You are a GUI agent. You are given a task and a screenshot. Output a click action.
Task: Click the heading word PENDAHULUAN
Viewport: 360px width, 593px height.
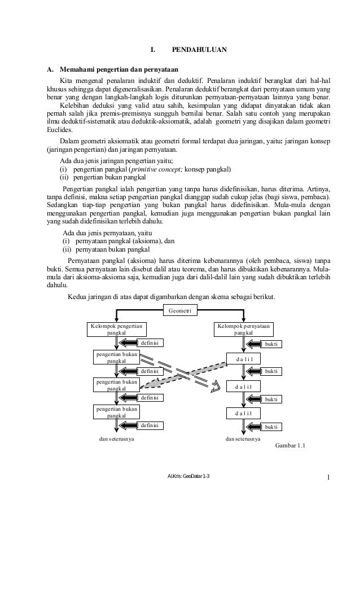click(199, 50)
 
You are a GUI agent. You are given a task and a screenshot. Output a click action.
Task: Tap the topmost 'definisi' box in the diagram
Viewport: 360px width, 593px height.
click(151, 342)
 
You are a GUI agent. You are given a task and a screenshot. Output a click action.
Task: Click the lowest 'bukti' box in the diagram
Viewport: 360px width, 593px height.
click(271, 427)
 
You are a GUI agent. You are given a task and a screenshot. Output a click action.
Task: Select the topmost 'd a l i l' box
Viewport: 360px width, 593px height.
click(243, 359)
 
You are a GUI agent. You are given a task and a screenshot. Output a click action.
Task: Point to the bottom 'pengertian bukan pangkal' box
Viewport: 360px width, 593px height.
click(116, 412)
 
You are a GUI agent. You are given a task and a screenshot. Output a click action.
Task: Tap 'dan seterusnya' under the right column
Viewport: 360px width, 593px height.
click(243, 438)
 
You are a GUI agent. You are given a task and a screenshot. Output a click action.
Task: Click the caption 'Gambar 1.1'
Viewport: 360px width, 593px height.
click(289, 446)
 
